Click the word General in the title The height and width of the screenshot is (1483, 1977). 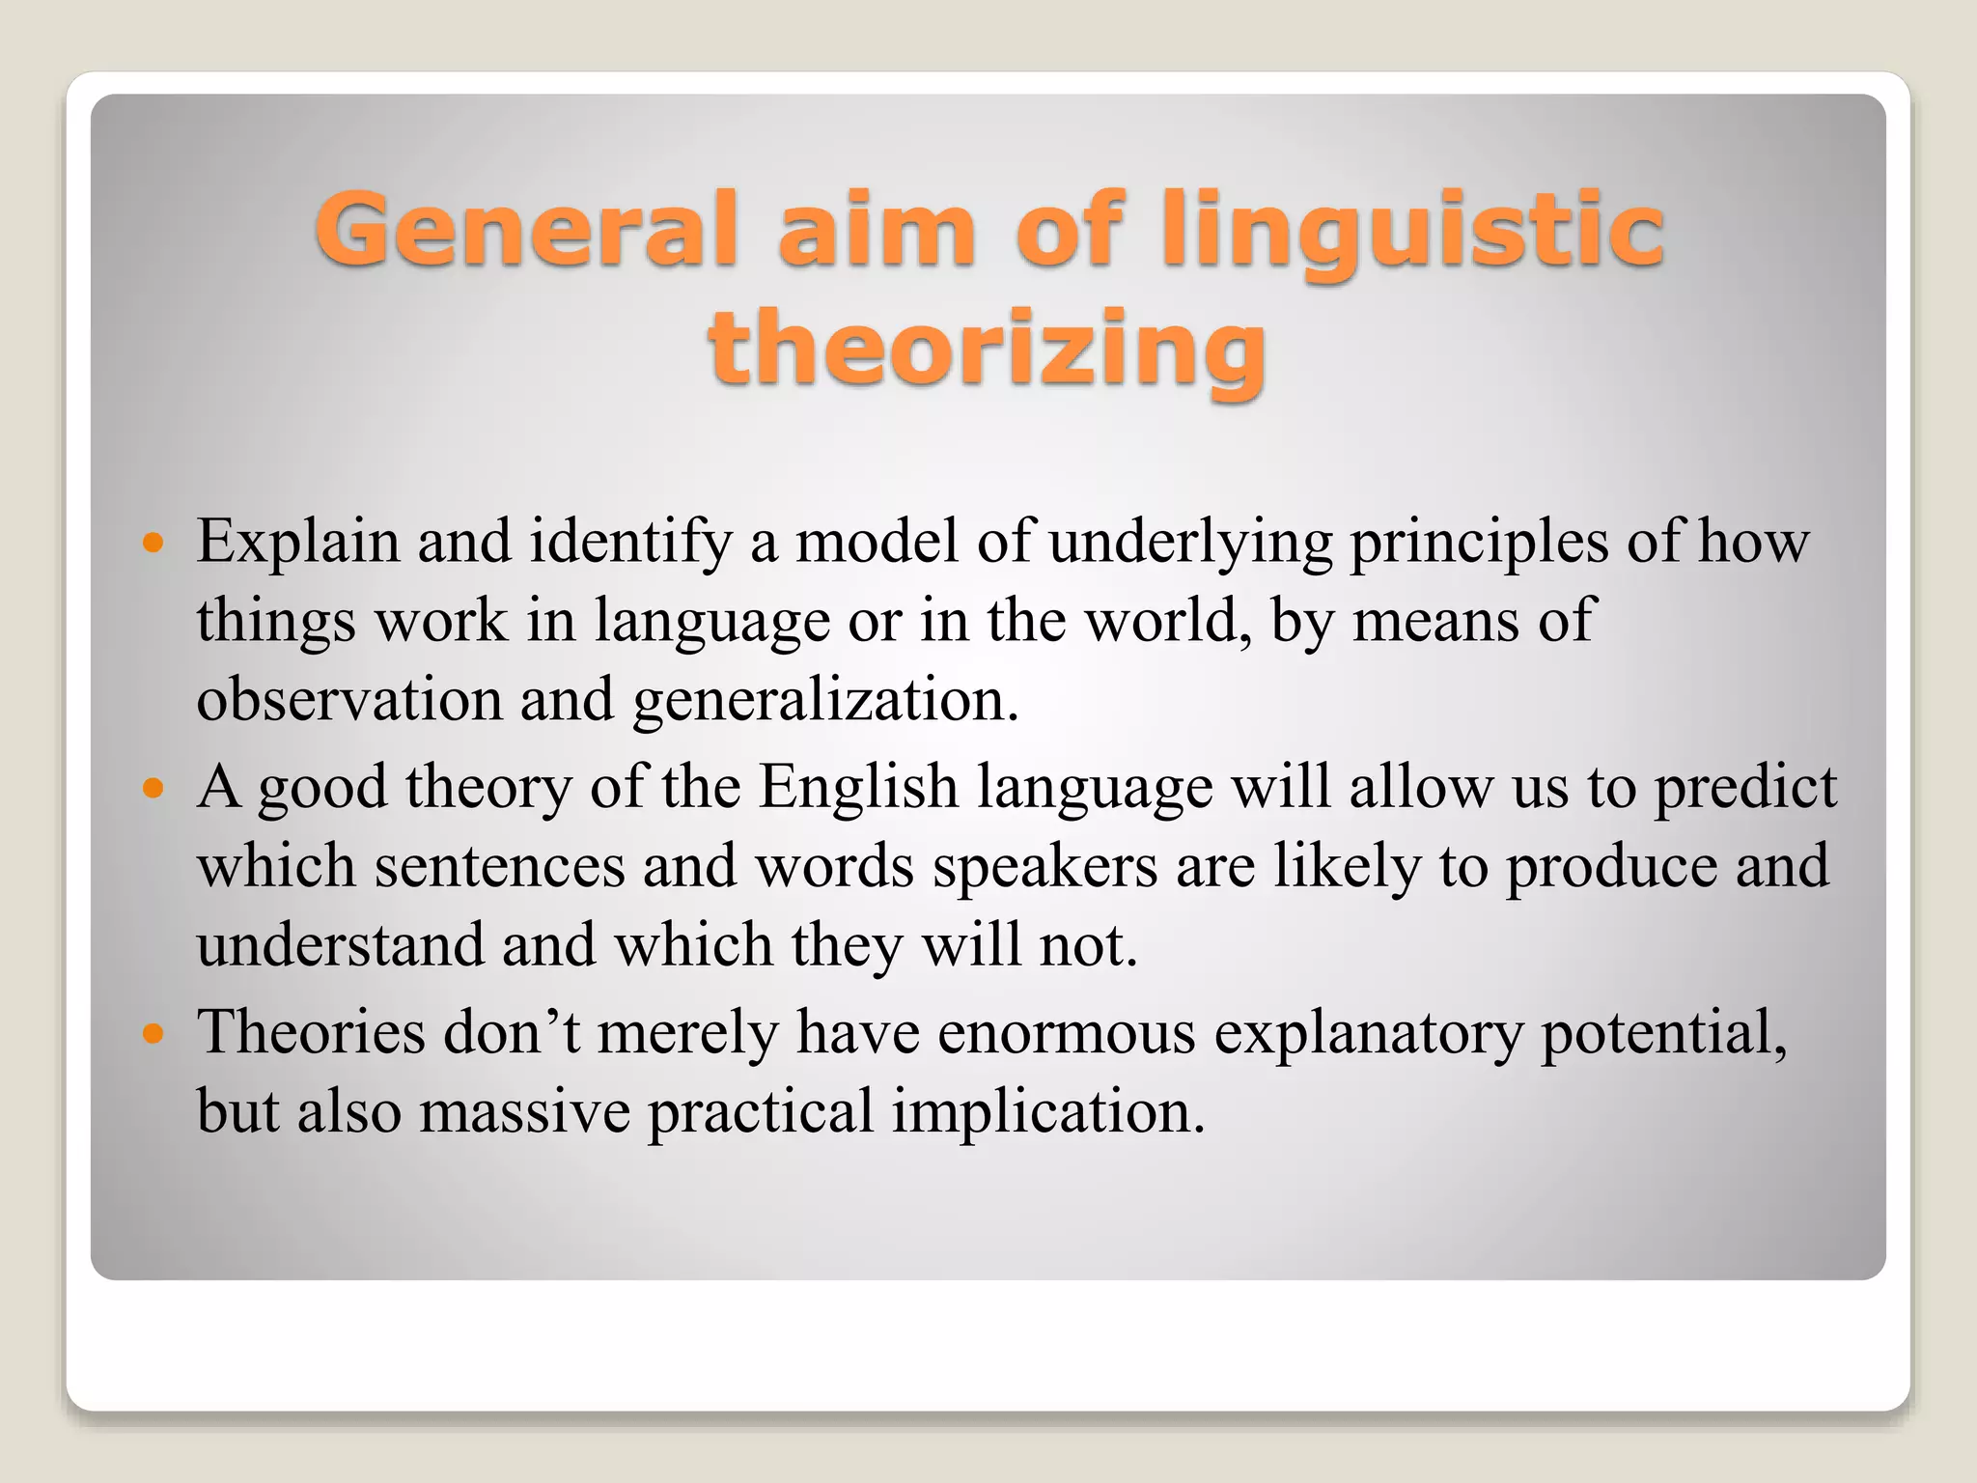click(x=526, y=229)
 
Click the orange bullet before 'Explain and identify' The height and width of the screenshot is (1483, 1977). click(x=153, y=543)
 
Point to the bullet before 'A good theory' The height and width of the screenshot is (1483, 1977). click(x=153, y=788)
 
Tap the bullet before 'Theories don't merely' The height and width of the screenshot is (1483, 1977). click(x=153, y=1034)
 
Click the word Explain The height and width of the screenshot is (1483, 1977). click(x=297, y=543)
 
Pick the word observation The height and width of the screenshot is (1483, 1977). click(x=349, y=699)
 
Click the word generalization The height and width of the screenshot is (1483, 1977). click(x=825, y=701)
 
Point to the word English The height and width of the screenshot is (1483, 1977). click(x=858, y=788)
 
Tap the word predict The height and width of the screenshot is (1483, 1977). click(x=1744, y=788)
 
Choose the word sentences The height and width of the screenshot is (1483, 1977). click(x=500, y=867)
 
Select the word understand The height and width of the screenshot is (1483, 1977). click(x=340, y=945)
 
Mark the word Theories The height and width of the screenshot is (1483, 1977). click(x=311, y=1033)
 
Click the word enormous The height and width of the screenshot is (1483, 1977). click(x=1067, y=1034)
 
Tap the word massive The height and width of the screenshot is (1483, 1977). click(x=525, y=1112)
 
